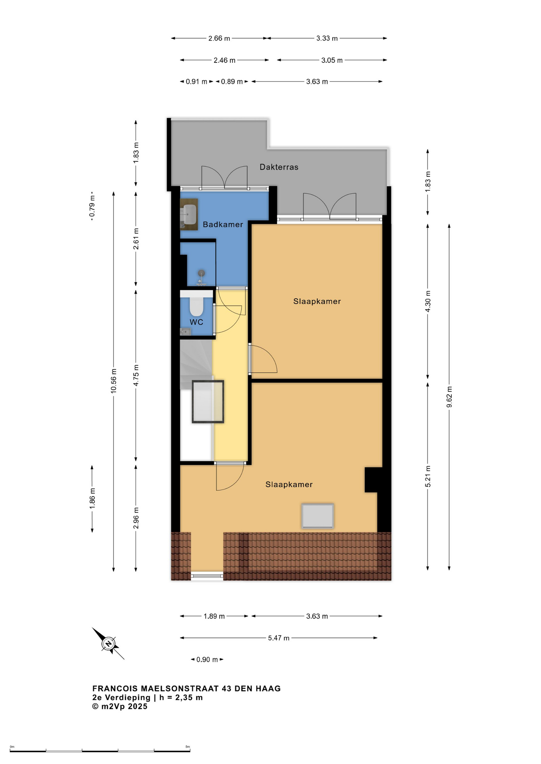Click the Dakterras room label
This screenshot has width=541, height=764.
[x=279, y=167]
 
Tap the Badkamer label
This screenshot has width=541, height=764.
[x=223, y=224]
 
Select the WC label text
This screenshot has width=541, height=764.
[x=196, y=322]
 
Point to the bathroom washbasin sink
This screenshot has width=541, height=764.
[x=189, y=214]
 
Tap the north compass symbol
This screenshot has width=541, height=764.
[x=108, y=643]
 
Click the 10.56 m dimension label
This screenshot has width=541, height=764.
[x=114, y=381]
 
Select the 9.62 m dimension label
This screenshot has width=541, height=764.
[x=449, y=397]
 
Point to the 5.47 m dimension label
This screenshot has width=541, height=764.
[x=278, y=638]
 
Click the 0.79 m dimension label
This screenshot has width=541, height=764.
[x=92, y=206]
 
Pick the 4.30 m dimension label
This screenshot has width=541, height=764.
[x=428, y=302]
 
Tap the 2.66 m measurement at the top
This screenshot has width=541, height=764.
[x=219, y=39]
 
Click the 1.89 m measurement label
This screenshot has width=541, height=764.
[x=214, y=616]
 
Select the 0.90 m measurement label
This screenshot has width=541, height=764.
[x=207, y=659]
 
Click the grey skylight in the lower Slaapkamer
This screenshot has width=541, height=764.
[x=318, y=516]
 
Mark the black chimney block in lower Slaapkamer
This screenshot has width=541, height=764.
[x=374, y=479]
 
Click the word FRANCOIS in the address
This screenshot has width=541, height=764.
[x=115, y=688]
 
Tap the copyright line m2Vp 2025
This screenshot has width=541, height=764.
[x=120, y=706]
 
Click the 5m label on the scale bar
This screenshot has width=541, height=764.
[x=188, y=747]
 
